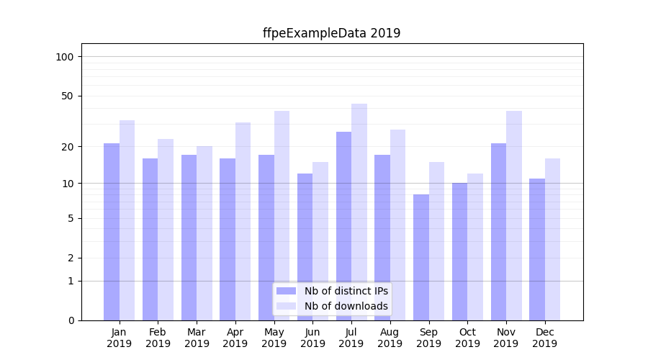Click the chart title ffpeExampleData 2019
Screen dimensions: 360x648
(x=331, y=33)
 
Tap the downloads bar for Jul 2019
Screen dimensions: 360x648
(x=359, y=212)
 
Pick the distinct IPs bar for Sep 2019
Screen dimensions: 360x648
(x=420, y=257)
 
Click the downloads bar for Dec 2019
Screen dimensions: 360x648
(x=552, y=239)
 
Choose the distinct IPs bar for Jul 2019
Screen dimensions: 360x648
(x=343, y=226)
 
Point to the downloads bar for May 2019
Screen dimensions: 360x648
(x=282, y=215)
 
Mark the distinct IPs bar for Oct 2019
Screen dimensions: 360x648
(x=459, y=251)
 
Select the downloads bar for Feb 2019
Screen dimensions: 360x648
(x=166, y=230)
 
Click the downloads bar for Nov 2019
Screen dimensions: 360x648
(x=514, y=215)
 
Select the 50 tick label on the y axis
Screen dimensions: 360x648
(x=68, y=96)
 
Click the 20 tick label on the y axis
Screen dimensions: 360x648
(x=68, y=147)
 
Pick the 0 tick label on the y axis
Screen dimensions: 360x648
(x=71, y=320)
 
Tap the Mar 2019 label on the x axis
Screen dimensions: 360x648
(x=197, y=338)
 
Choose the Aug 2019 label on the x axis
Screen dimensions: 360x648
(x=390, y=338)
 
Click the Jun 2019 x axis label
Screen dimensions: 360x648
(x=312, y=338)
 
